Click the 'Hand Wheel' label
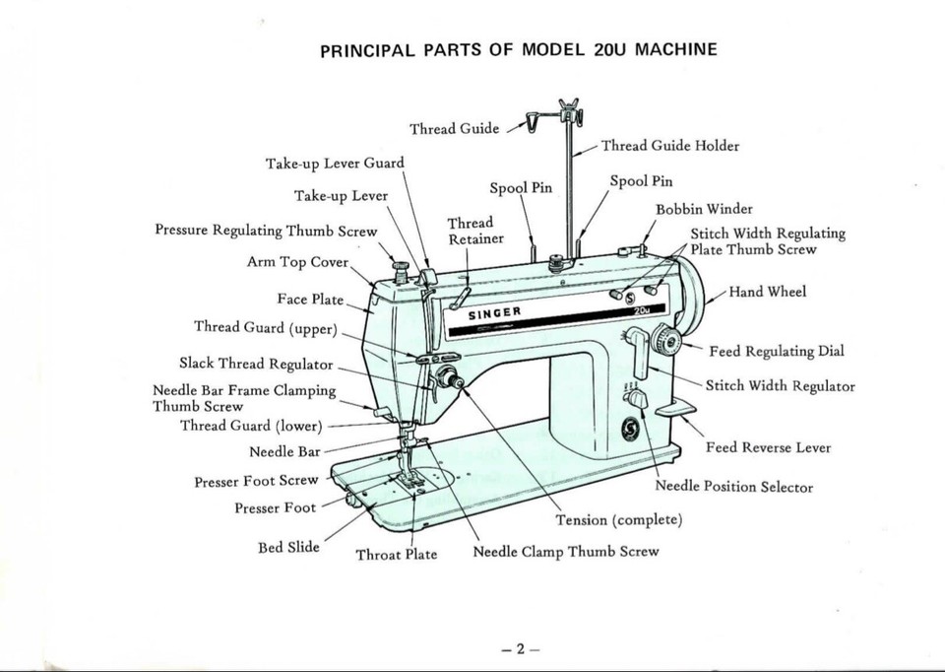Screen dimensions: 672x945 pyautogui.click(x=768, y=292)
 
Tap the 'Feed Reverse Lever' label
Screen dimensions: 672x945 pyautogui.click(x=768, y=447)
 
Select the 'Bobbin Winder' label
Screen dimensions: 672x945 pyautogui.click(x=704, y=209)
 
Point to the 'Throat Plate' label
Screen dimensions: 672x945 pyautogui.click(x=396, y=554)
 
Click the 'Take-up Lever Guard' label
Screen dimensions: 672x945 pyautogui.click(x=335, y=163)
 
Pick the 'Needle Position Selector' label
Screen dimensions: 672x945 pyautogui.click(x=733, y=487)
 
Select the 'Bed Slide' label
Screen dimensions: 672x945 pyautogui.click(x=288, y=547)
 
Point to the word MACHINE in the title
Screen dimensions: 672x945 pyautogui.click(x=676, y=49)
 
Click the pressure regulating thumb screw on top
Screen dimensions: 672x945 pyautogui.click(x=400, y=268)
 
